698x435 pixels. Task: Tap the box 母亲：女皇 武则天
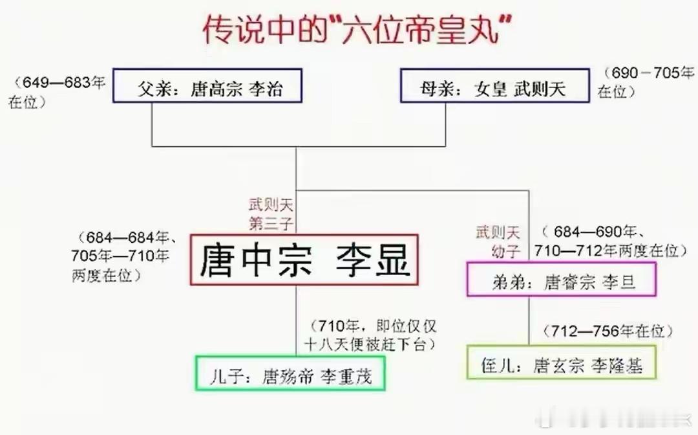pyautogui.click(x=494, y=86)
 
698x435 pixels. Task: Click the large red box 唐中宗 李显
pyautogui.click(x=304, y=260)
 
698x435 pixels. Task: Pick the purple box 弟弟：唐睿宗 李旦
pyautogui.click(x=562, y=279)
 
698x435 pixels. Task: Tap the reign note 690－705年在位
pyautogui.click(x=644, y=82)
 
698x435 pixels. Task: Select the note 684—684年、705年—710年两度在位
pyautogui.click(x=120, y=256)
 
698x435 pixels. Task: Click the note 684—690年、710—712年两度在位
pyautogui.click(x=608, y=241)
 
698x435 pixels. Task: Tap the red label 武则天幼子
pyautogui.click(x=498, y=240)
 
